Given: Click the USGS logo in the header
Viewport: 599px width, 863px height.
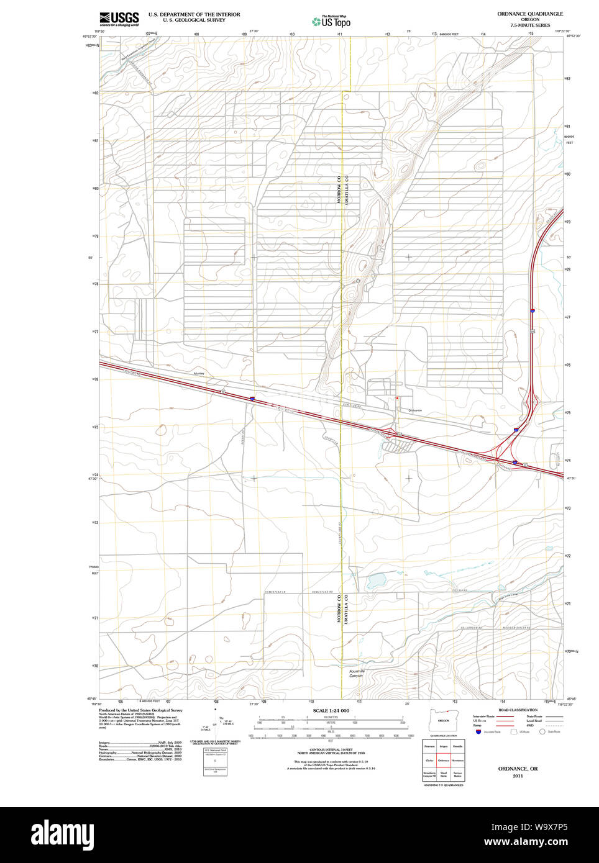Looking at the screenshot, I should coord(119,17).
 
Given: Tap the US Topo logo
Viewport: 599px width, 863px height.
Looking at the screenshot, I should coord(331,22).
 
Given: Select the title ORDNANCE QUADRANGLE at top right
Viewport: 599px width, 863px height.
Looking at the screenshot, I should coord(529,14).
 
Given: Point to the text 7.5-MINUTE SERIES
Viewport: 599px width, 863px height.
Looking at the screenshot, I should coord(529,25).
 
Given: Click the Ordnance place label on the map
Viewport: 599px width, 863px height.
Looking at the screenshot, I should coord(415,410).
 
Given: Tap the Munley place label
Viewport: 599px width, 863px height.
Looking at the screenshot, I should coord(199,374).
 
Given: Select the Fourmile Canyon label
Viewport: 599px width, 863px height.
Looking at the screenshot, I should coord(357,673).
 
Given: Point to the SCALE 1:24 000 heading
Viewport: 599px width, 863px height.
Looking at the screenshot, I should coord(331,710).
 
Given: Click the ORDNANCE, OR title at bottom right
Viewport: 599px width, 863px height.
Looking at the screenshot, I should coord(518,769).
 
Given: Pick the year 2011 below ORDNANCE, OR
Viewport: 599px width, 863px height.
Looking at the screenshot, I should coord(518,776).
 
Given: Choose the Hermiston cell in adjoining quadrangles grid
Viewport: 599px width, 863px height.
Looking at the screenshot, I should coord(458,761).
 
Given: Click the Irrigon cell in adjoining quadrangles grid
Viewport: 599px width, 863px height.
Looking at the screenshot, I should coord(444,746).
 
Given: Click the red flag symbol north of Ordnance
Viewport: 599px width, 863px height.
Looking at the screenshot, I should coord(396,398).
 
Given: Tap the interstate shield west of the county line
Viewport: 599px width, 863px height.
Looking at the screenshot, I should coord(252,399).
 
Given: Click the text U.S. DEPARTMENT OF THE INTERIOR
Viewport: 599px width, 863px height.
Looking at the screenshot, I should coord(194,14).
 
